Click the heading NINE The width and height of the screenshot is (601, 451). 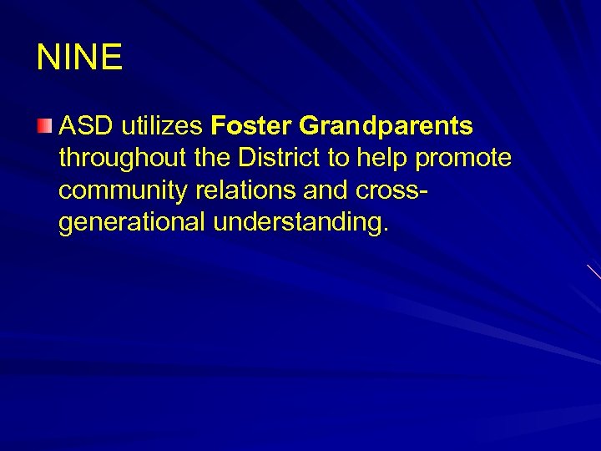pyautogui.click(x=79, y=58)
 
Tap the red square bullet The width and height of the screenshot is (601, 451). pyautogui.click(x=43, y=127)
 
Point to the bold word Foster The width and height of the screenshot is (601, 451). pyautogui.click(x=251, y=127)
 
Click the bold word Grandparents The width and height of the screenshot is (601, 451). pyautogui.click(x=386, y=128)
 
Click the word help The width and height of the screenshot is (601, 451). pyautogui.click(x=384, y=160)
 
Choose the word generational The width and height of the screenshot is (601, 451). pyautogui.click(x=134, y=223)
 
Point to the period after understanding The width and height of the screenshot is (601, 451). pyautogui.click(x=385, y=231)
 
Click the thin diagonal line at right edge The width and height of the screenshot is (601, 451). pyautogui.click(x=593, y=271)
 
